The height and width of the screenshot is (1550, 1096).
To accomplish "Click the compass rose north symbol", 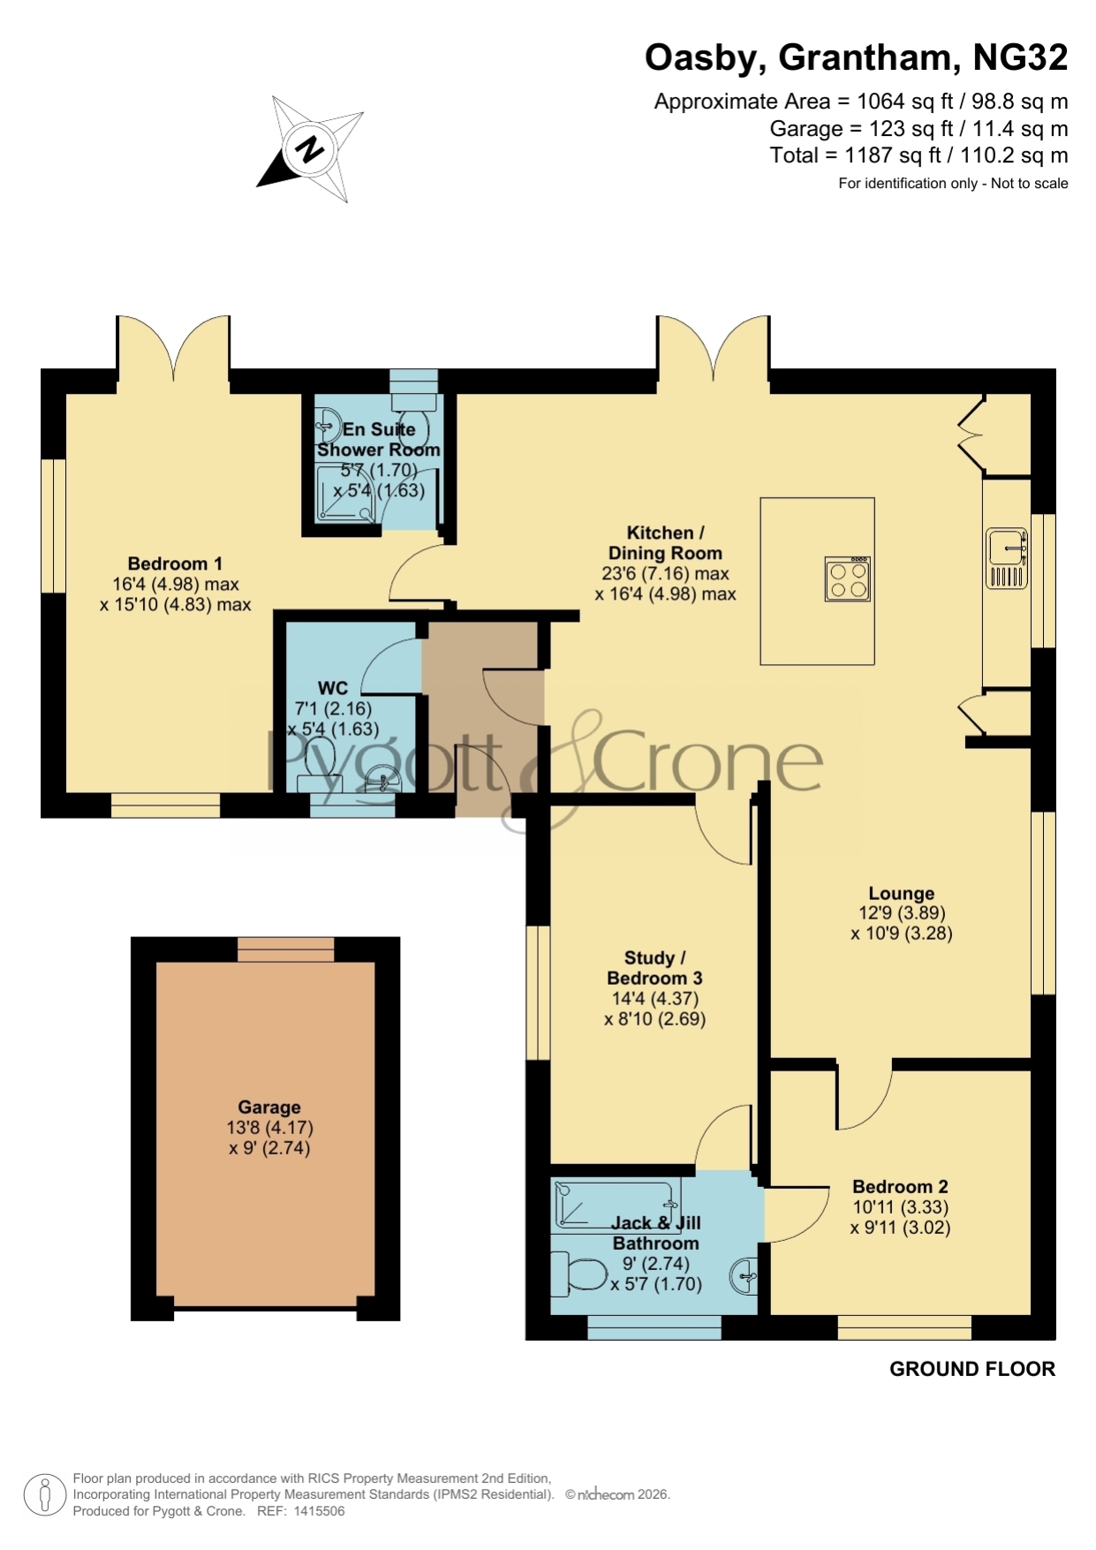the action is point(310,148).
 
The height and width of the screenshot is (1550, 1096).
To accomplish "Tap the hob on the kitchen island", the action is point(848,579).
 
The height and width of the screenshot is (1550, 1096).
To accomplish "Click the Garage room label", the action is point(269,1107).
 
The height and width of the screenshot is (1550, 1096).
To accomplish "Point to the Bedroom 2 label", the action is point(900,1186).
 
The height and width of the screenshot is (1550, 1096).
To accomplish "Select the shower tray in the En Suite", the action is point(346,494).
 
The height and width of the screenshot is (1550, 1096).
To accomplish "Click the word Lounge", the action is point(901,893).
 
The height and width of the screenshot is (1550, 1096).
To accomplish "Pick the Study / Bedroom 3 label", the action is point(654,968).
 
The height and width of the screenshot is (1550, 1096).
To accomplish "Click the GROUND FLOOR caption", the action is point(972,1369).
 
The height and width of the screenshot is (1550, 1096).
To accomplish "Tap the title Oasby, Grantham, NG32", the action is point(856,58).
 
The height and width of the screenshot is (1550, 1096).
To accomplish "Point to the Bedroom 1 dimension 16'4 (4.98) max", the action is point(176,584).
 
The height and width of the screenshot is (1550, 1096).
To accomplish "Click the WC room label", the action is point(333,687).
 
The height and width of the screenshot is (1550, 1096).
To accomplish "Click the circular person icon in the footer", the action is point(44,1495).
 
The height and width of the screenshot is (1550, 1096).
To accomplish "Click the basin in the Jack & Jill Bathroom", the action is point(744,1276).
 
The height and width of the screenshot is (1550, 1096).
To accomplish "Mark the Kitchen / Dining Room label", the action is point(665,543).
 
